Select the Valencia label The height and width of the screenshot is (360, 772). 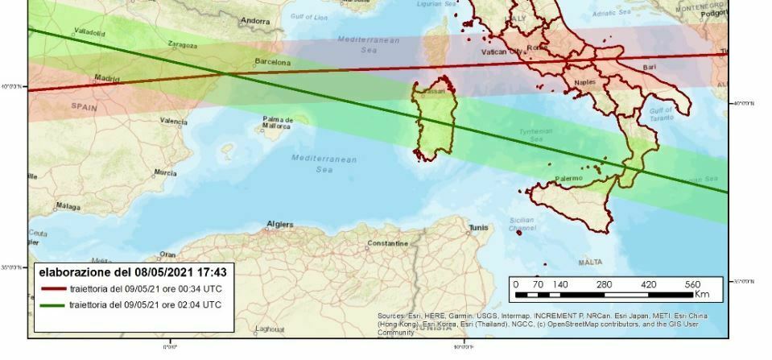tap(173, 121)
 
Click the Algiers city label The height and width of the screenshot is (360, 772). tap(279, 225)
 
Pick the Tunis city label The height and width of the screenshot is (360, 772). tap(478, 227)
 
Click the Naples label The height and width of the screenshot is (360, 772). tap(585, 83)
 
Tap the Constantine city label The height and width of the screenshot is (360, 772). tap(388, 242)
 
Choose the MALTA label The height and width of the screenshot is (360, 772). tap(590, 263)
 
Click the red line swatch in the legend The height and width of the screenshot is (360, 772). tap(51, 289)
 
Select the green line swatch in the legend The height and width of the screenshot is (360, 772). tap(51, 305)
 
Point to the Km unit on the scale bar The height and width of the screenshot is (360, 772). tap(693, 296)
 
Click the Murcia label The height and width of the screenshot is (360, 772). tap(165, 173)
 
